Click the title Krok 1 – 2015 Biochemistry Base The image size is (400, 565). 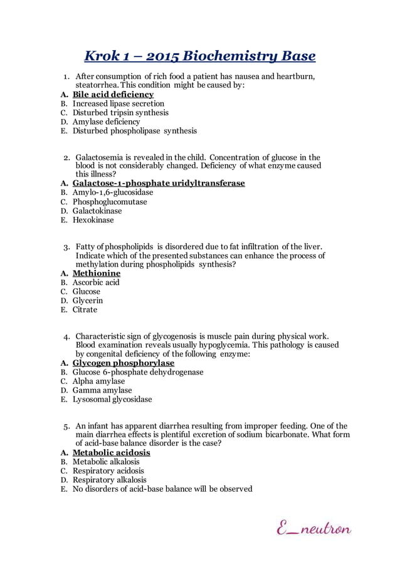[200, 56]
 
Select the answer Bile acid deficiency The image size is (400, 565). [113, 95]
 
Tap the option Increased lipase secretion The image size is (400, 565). [118, 103]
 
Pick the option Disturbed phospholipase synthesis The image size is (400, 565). [134, 131]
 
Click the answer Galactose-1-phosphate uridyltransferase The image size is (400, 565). [158, 184]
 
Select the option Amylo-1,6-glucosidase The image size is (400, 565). [113, 192]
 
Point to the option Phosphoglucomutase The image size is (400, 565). [110, 202]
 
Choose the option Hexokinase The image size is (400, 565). [93, 220]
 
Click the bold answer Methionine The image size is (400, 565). [97, 273]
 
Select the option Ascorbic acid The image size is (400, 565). [96, 282]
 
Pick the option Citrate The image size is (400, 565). [85, 310]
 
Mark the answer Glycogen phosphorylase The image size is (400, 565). [124, 363]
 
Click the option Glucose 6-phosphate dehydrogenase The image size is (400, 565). [138, 372]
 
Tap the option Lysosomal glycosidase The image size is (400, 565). [112, 399]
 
